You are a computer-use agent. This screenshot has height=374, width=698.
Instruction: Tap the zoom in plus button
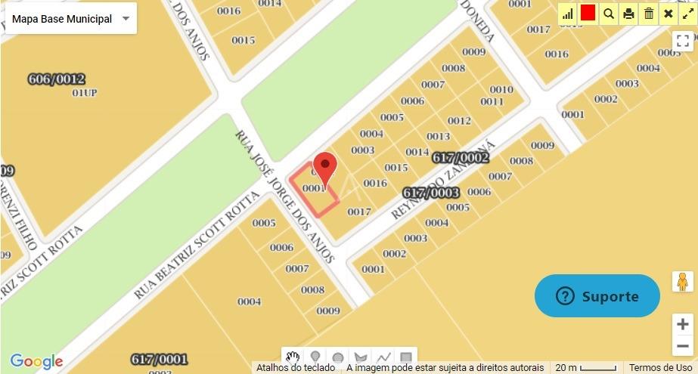coord(683,324)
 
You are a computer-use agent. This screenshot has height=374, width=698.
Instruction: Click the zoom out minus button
coord(683,346)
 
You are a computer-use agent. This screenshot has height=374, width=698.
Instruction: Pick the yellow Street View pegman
coord(683,282)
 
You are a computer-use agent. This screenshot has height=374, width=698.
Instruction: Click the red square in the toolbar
coord(588,13)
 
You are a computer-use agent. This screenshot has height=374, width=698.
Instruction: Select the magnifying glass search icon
coord(609,14)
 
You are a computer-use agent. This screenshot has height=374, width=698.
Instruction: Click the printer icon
coord(628,14)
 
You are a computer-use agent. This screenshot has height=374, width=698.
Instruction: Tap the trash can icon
coord(649,14)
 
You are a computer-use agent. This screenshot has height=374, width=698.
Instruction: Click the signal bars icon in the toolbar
coord(567,14)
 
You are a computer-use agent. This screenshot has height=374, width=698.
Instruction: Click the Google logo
coord(36,362)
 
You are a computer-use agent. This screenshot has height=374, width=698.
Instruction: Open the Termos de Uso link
coord(660,368)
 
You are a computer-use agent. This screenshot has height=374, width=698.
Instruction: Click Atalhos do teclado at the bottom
coord(295,368)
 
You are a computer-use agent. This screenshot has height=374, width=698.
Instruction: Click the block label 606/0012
coord(56,79)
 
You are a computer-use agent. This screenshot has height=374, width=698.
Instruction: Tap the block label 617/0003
coord(431,193)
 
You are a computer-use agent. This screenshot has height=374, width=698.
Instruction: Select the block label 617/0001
coord(159,359)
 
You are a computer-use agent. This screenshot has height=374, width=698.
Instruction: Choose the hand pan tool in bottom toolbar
coord(293,357)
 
